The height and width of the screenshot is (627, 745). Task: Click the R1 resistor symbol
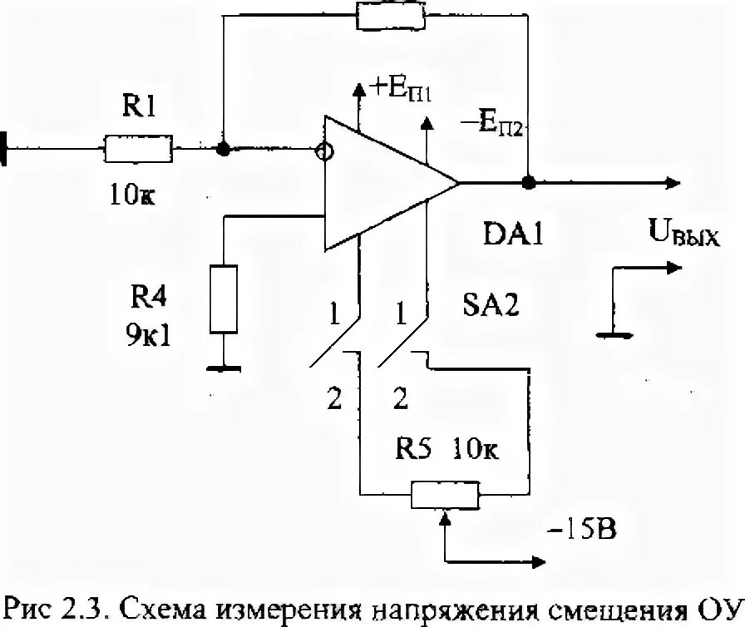click(x=137, y=151)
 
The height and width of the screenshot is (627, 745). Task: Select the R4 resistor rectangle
click(x=224, y=298)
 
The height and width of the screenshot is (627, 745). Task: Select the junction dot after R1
click(x=223, y=151)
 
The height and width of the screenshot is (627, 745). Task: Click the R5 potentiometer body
click(x=446, y=496)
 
